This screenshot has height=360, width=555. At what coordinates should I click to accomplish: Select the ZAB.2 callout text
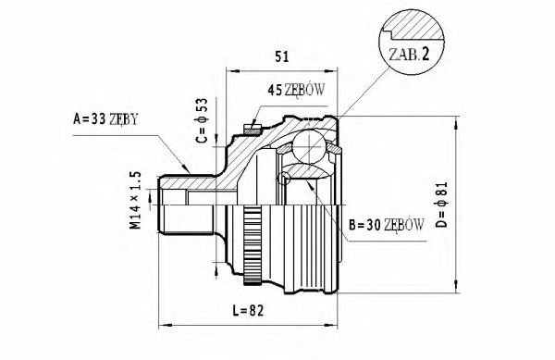409,54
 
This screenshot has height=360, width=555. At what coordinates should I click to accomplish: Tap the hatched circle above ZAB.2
408,23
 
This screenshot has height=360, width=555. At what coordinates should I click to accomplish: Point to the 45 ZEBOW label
298,90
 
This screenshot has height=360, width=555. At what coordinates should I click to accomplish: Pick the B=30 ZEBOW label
387,223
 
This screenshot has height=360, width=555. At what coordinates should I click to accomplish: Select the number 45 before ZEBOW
275,90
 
